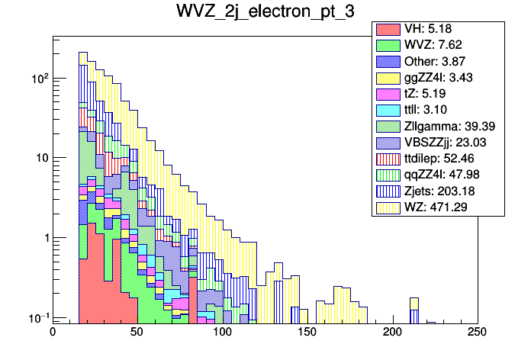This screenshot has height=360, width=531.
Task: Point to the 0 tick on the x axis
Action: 53,333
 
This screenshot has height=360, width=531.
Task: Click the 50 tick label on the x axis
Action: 137,333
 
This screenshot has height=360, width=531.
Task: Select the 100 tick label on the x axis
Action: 222,333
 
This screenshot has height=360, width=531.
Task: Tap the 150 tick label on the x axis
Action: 307,333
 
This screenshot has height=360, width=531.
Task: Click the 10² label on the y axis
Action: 37,78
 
